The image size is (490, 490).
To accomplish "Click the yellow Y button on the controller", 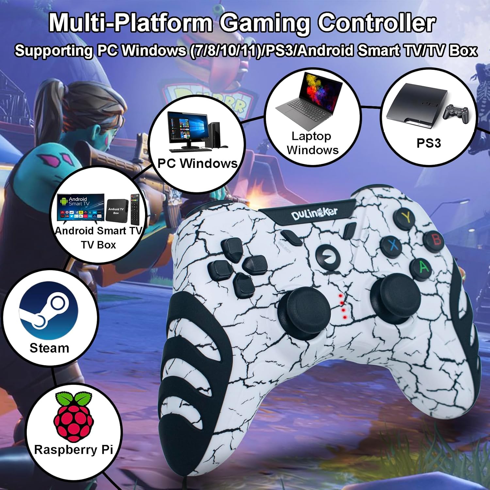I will [406, 216].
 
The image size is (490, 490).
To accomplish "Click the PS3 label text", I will [429, 143].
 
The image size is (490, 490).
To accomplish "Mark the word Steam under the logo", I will [49, 348].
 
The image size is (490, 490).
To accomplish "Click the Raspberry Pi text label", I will [73, 449].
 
